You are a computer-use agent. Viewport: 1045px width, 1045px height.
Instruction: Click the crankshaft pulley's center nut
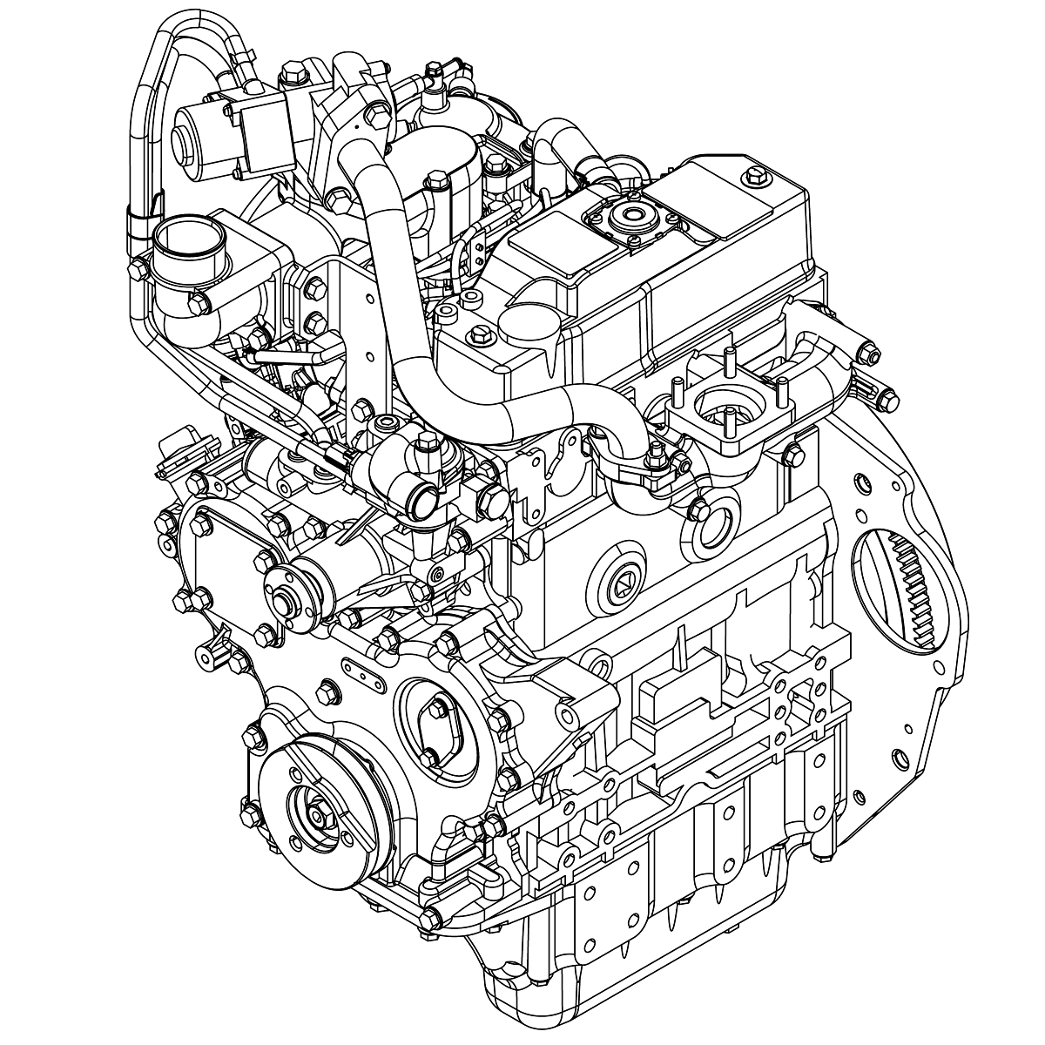point(317,817)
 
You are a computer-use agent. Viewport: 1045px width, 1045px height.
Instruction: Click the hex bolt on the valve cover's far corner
point(754,178)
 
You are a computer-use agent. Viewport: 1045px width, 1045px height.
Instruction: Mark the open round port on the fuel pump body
point(422,501)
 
